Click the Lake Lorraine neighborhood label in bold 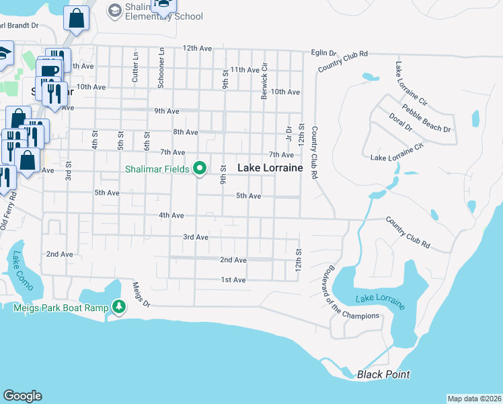(x=269, y=168)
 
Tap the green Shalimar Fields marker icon (x=200, y=168)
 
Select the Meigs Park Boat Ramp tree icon (x=119, y=307)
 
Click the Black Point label (x=383, y=374)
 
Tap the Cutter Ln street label (x=135, y=68)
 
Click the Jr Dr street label (x=288, y=134)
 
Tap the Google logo (x=22, y=396)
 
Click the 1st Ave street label (x=233, y=279)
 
